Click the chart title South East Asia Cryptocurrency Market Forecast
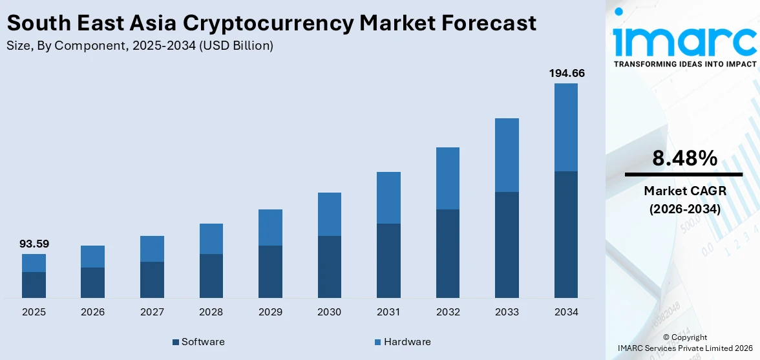[271, 23]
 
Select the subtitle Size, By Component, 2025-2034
[140, 45]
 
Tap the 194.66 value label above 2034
[566, 74]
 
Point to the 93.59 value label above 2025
[34, 244]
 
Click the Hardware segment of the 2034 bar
[566, 127]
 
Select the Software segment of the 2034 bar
[566, 234]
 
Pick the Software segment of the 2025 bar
[34, 284]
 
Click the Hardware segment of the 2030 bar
[330, 214]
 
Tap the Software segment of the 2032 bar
[448, 253]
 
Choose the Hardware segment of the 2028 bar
[211, 238]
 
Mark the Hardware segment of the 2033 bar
[507, 155]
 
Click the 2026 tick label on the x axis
[93, 312]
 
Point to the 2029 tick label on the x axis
[270, 312]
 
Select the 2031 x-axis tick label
[388, 312]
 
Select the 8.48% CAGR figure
[684, 158]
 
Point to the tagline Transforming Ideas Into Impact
[684, 65]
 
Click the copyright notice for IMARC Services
[684, 343]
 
